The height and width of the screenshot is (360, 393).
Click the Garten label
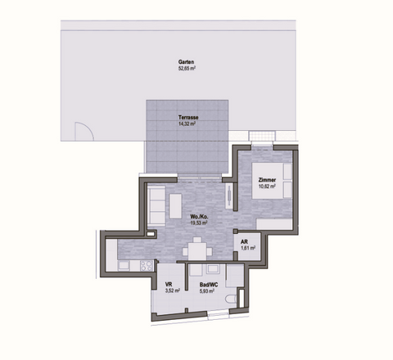185,63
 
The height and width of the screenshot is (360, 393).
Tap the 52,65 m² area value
185,70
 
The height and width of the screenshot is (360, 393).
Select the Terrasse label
187,118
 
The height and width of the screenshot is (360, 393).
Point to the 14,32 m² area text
187,124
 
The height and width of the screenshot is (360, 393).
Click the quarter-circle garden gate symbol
83,131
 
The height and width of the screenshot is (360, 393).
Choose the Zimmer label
267,180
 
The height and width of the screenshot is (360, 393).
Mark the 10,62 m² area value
267,187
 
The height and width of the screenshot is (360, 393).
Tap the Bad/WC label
209,283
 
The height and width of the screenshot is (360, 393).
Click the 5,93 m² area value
209,290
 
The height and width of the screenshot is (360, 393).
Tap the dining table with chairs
196,249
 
